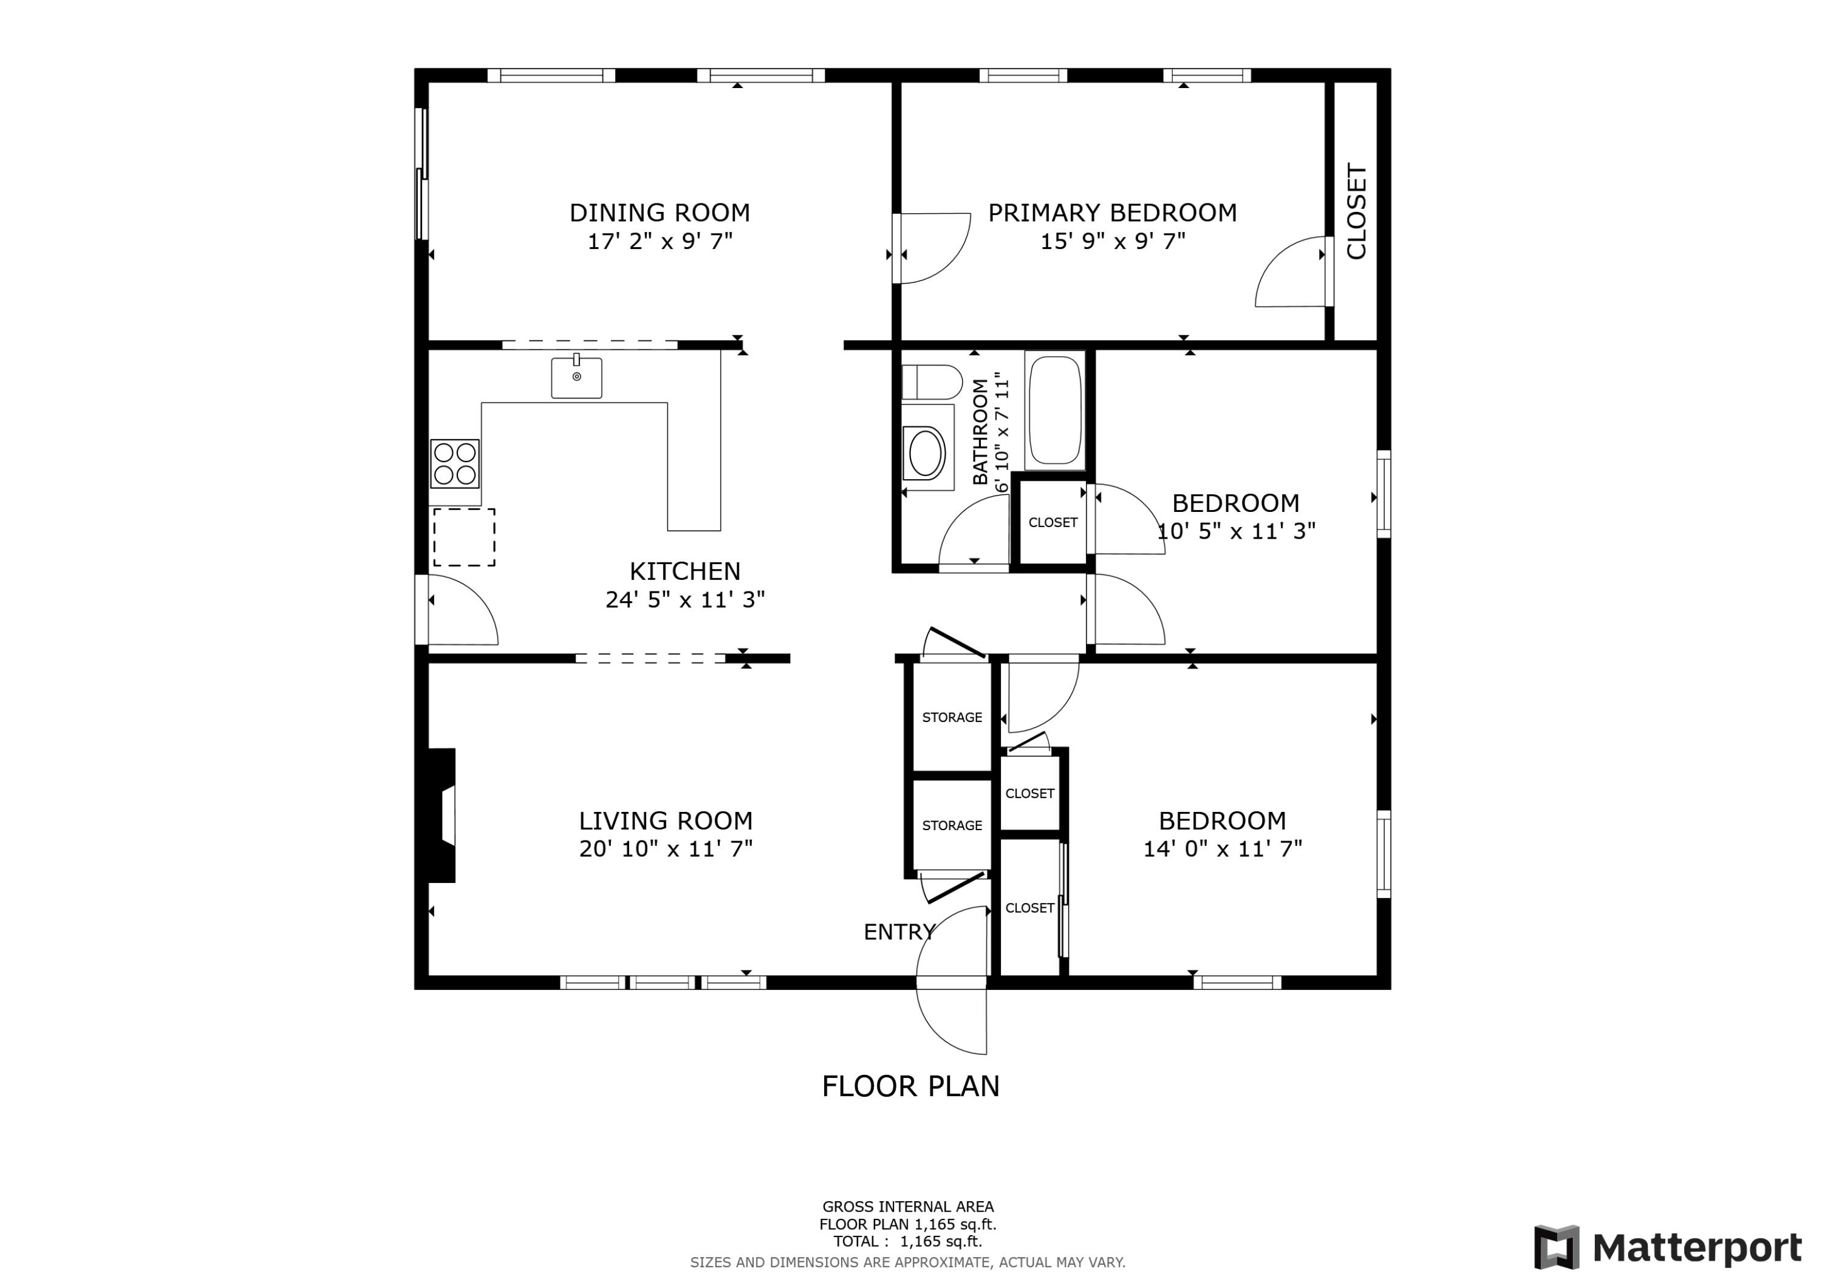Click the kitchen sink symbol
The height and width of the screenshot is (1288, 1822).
576,378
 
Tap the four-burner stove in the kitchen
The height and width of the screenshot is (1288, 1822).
455,463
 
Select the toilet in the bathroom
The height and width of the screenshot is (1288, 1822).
931,383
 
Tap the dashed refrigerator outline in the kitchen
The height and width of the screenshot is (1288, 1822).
464,537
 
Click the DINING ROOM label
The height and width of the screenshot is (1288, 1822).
660,213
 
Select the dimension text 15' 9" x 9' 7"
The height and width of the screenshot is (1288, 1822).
1113,241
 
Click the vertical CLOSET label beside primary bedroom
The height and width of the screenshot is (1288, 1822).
1357,211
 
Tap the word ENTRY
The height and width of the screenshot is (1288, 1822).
899,933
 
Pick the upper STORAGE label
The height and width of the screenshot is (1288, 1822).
952,717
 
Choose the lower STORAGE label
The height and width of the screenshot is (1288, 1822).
952,825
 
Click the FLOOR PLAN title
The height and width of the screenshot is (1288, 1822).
910,1086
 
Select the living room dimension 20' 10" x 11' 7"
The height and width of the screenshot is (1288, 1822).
665,849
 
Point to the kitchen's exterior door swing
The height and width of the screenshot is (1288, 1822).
460,613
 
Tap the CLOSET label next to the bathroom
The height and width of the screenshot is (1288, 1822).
1053,522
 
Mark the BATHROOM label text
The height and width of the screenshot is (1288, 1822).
980,432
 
